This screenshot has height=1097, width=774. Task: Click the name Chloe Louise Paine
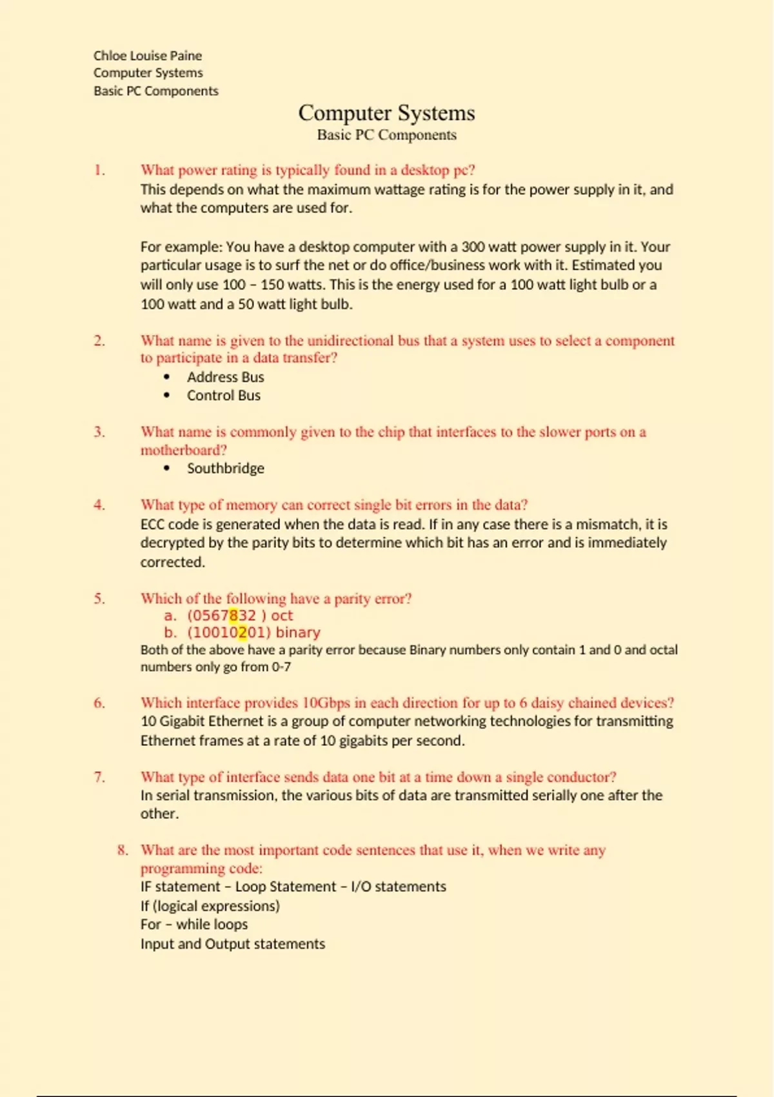tap(147, 55)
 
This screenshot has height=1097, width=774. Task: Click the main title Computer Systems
tap(386, 113)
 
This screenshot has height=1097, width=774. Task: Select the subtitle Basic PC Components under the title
tap(386, 135)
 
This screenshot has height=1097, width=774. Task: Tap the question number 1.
tap(99, 170)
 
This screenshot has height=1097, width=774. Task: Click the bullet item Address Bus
tap(225, 377)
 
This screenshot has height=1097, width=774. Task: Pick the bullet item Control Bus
tap(223, 396)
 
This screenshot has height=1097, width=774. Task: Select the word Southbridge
tap(225, 468)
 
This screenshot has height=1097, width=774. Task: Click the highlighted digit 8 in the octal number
tap(233, 616)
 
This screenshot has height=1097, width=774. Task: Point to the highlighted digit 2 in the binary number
tap(242, 633)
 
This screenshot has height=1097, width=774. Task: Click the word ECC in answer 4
tap(152, 525)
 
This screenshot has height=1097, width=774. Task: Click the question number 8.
tap(123, 850)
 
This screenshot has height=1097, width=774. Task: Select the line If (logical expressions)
tap(210, 906)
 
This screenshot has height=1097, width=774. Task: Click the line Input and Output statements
tap(232, 944)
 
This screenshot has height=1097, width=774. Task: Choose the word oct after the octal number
tap(282, 616)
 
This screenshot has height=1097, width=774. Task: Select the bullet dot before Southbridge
tap(167, 468)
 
